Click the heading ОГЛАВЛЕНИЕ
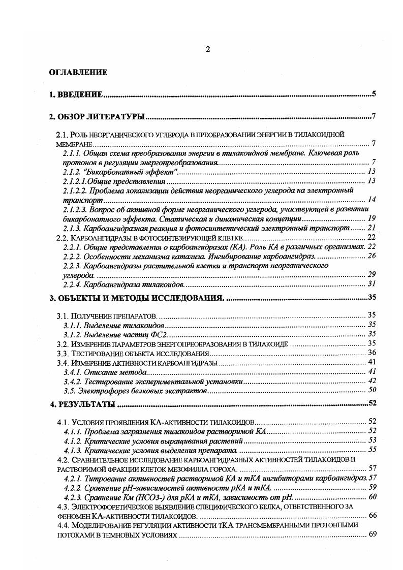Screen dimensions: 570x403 (x=78, y=72)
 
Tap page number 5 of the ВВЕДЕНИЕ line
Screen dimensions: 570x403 (x=374, y=94)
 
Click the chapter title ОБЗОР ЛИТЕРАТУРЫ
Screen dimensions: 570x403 (x=102, y=117)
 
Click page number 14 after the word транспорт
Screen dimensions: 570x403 (x=371, y=199)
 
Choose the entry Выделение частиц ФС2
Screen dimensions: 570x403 (x=126, y=334)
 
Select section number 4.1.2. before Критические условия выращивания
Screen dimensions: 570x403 (x=73, y=440)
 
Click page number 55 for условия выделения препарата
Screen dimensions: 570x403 (x=371, y=450)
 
